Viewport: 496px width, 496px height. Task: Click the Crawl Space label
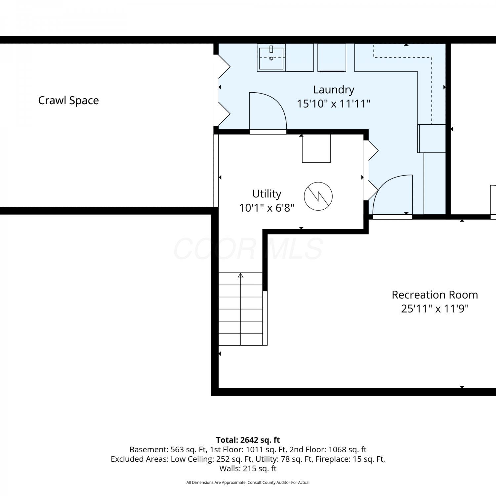pyautogui.click(x=68, y=101)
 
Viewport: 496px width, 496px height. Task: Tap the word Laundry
pyautogui.click(x=334, y=90)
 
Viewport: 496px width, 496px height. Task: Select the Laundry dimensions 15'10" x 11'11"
pyautogui.click(x=334, y=104)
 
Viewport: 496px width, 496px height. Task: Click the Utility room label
pyautogui.click(x=267, y=194)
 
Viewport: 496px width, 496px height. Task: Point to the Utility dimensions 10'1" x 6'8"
pyautogui.click(x=267, y=208)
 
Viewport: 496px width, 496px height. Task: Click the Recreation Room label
pyautogui.click(x=435, y=295)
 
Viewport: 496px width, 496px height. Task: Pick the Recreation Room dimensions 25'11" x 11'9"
pyautogui.click(x=435, y=309)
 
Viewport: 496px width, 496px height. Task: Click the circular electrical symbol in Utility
pyautogui.click(x=318, y=196)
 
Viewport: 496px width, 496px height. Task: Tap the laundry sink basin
pyautogui.click(x=271, y=58)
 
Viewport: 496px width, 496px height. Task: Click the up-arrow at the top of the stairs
pyautogui.click(x=240, y=275)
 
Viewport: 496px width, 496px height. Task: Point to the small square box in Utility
pyautogui.click(x=316, y=148)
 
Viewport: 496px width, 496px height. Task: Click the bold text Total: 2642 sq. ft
pyautogui.click(x=248, y=440)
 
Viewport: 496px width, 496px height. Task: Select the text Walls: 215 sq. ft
pyautogui.click(x=248, y=469)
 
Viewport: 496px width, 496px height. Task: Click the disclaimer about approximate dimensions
pyautogui.click(x=248, y=482)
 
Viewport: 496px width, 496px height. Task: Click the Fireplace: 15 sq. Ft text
pyautogui.click(x=350, y=459)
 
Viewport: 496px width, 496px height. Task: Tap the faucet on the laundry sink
pyautogui.click(x=271, y=49)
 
